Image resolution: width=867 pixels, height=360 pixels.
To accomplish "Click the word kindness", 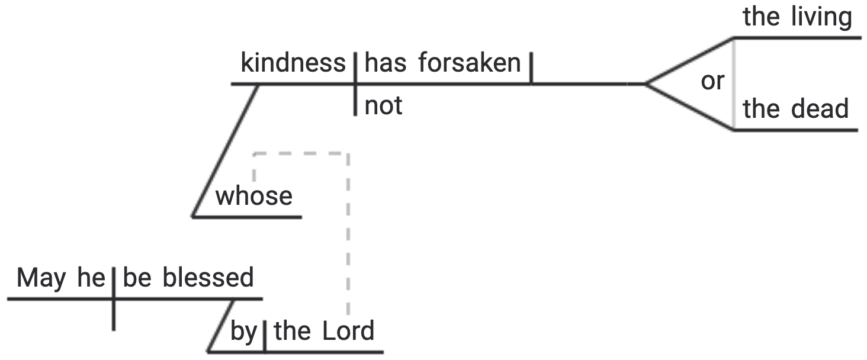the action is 293,63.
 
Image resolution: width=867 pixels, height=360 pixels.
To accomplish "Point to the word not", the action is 383,106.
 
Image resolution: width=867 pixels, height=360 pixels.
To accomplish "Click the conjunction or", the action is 712,82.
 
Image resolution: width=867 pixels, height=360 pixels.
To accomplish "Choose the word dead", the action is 819,110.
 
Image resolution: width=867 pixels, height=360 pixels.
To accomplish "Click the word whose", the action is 254,196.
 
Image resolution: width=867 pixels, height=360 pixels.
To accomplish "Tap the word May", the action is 41,278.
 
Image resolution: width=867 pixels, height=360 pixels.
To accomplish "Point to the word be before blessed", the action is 137,278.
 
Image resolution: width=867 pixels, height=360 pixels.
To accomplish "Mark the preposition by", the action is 242,332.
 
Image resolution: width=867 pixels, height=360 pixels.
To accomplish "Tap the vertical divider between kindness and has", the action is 355,83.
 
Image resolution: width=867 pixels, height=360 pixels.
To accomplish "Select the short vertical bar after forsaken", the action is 531,69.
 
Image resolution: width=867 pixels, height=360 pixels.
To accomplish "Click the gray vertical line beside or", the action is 734,83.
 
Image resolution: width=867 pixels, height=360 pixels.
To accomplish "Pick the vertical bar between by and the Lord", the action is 263,336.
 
